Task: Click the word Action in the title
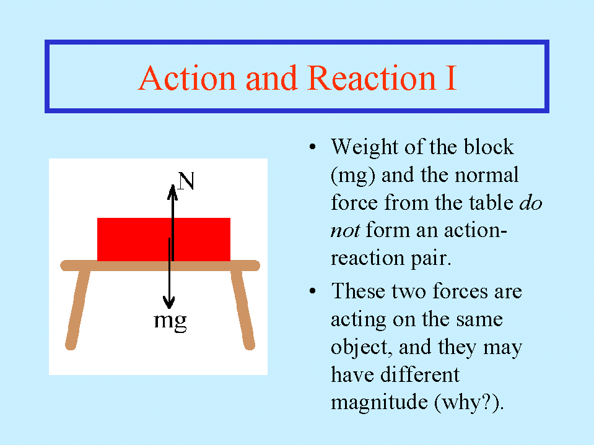188,78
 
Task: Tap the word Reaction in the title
371,78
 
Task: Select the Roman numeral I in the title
451,78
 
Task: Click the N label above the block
186,181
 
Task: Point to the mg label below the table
170,322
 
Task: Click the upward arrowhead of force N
172,192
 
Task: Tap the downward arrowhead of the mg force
169,302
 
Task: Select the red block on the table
164,239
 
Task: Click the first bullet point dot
312,147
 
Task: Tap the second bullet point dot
312,291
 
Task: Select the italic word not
345,230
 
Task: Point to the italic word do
531,203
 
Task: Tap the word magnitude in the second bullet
379,402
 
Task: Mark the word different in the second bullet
420,374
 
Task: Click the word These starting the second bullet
359,291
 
